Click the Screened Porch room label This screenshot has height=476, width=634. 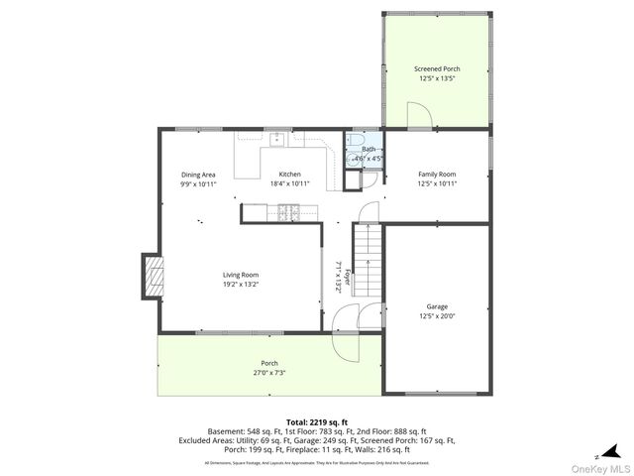436,68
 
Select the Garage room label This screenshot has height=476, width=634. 437,306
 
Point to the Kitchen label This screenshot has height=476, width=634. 289,175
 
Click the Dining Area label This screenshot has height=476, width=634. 198,175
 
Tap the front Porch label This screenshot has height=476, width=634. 269,363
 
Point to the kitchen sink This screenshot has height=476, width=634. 276,139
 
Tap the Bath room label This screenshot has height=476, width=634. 368,149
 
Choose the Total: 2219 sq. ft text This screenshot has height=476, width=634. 318,422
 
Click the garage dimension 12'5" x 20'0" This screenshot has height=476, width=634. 437,315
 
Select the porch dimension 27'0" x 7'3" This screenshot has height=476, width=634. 269,373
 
